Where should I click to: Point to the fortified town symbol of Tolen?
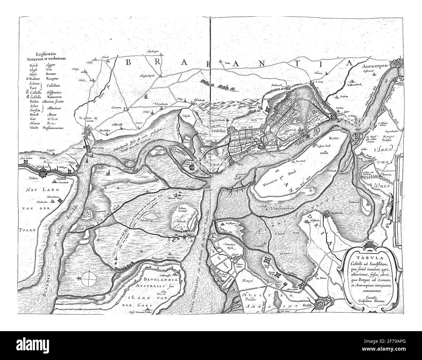(42, 175)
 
